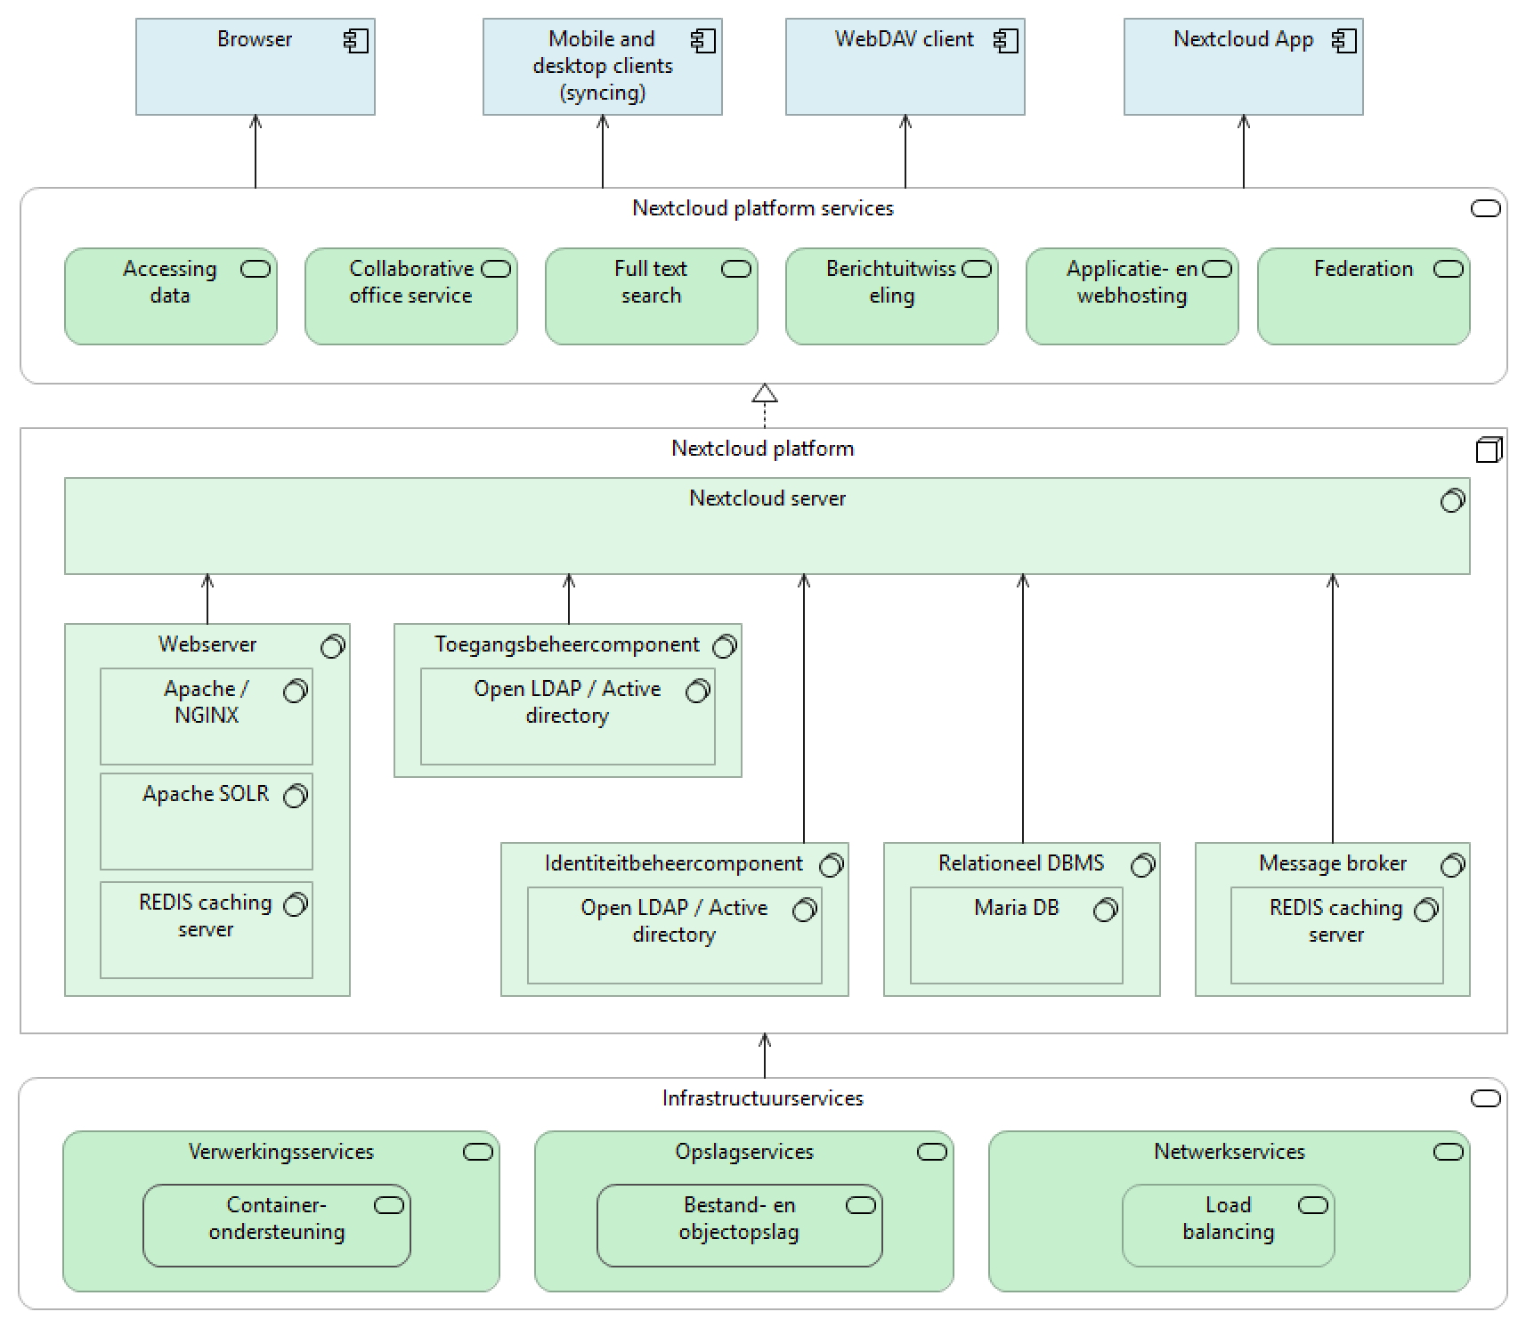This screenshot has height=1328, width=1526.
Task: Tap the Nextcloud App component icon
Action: (x=1343, y=41)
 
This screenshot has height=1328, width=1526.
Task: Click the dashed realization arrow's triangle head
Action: (x=765, y=393)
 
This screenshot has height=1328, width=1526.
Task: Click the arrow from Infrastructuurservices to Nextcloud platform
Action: (x=765, y=1056)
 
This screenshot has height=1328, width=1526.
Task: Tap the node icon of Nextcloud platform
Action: (x=1489, y=449)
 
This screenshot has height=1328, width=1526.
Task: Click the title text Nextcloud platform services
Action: (x=762, y=208)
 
